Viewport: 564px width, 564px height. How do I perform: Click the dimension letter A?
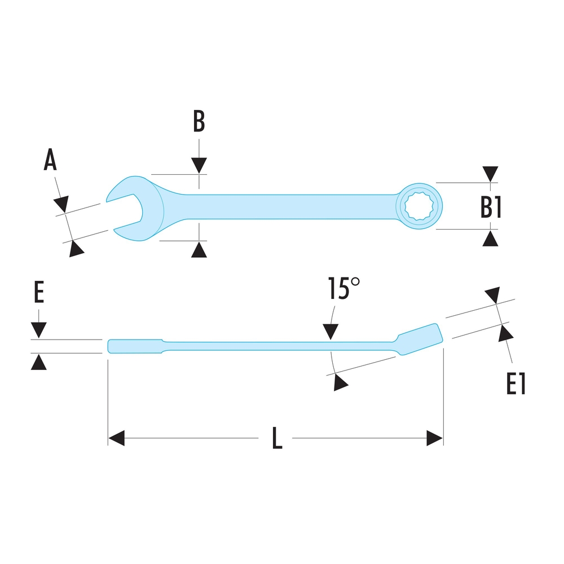click(51, 161)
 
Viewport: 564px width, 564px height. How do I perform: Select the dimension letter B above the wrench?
click(199, 121)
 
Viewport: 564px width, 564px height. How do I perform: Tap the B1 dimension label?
click(491, 207)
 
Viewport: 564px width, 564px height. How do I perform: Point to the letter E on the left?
click(38, 293)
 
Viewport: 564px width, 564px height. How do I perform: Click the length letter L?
click(276, 438)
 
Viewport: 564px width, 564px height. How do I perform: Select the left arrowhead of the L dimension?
click(116, 438)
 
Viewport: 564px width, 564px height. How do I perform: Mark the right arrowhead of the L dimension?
click(435, 438)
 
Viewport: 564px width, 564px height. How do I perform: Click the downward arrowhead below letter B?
click(199, 165)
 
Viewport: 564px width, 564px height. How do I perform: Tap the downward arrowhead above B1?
click(491, 174)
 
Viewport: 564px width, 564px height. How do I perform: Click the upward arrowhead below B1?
click(491, 238)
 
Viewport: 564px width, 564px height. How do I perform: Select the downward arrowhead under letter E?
click(38, 330)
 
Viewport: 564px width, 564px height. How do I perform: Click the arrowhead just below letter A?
click(61, 203)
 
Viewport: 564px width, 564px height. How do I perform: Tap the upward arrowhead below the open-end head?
click(199, 250)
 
